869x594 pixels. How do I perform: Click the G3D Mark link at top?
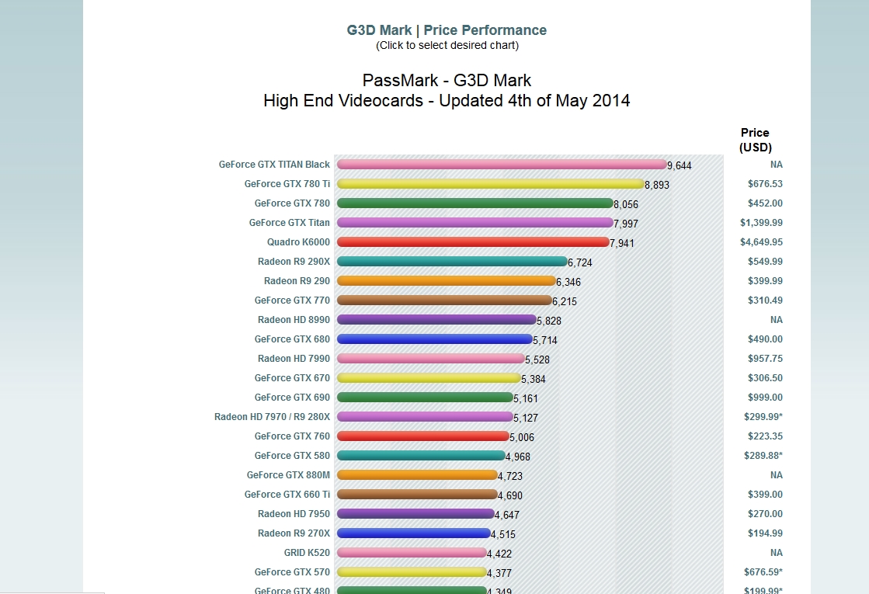click(x=379, y=30)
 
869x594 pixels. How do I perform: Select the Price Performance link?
click(x=485, y=30)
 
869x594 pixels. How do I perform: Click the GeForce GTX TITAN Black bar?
click(x=501, y=165)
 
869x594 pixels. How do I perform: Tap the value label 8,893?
click(x=657, y=185)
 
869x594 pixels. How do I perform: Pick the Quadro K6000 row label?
click(x=298, y=242)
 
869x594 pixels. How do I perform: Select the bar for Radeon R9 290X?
click(x=453, y=262)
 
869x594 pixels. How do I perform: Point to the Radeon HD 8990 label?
click(x=294, y=320)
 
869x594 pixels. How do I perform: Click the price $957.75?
click(x=765, y=359)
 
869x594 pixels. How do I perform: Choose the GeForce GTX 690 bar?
click(x=426, y=398)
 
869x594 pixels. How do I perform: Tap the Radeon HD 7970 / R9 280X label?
click(x=272, y=417)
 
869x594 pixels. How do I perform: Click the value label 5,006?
click(x=522, y=437)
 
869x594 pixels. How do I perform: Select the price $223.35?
click(x=765, y=436)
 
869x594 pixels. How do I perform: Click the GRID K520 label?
click(x=307, y=553)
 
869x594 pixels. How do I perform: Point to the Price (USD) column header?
click(x=755, y=140)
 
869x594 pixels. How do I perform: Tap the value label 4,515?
click(x=503, y=534)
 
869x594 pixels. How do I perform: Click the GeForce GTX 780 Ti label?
click(x=287, y=184)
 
